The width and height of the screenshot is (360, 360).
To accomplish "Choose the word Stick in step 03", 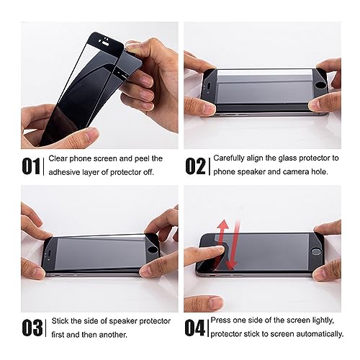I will click(62, 321).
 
